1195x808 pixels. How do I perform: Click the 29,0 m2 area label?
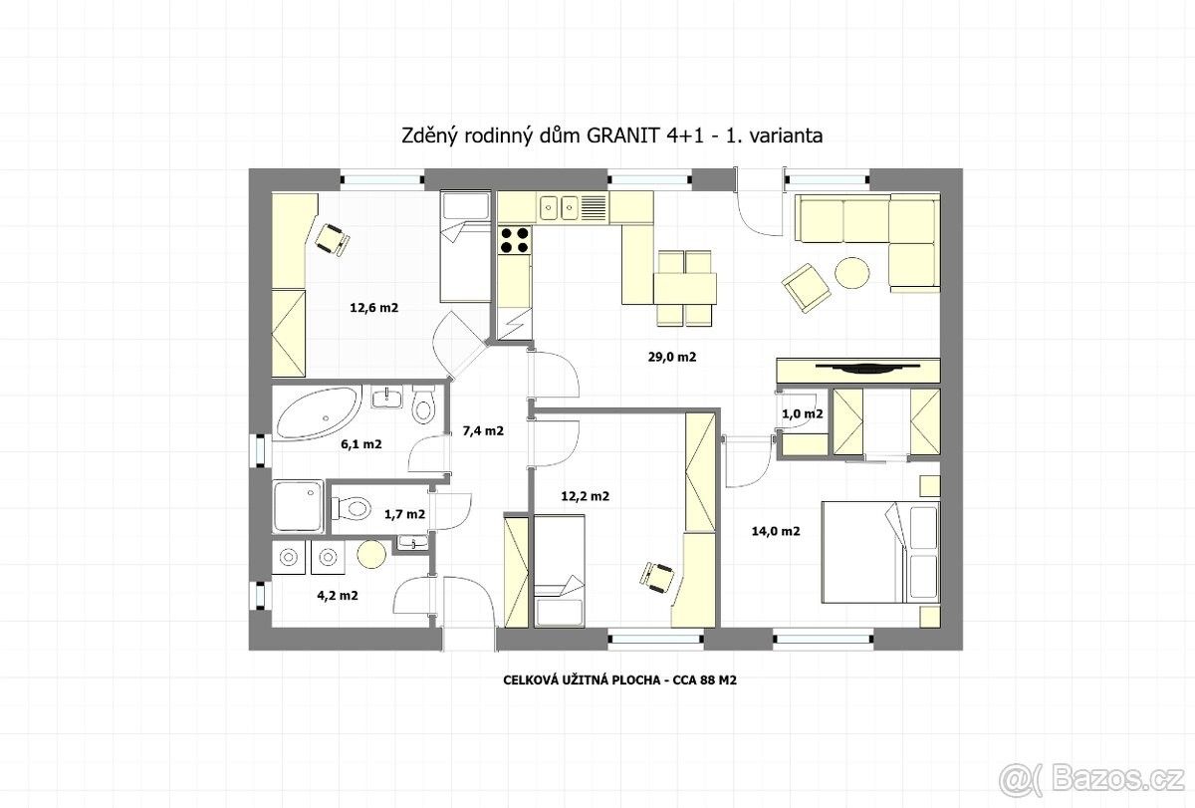(x=671, y=357)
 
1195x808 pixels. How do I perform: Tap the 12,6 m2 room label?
(x=374, y=308)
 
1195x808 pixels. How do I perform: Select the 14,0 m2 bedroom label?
(x=776, y=531)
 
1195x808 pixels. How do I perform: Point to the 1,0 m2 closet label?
(x=803, y=413)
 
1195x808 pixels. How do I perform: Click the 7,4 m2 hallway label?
(x=483, y=430)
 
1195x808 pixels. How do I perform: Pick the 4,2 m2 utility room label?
(x=338, y=596)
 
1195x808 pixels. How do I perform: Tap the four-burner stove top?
(x=514, y=240)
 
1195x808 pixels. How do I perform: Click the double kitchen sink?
(x=559, y=207)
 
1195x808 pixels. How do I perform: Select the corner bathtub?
(x=318, y=413)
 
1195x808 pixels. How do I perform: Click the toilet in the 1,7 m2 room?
(x=351, y=508)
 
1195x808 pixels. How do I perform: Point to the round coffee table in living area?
(x=852, y=273)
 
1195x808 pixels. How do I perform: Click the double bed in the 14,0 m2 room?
(x=880, y=552)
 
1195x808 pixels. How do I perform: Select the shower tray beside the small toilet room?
(x=298, y=506)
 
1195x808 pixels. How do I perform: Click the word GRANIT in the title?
(x=623, y=135)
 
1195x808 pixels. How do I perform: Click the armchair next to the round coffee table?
(x=806, y=288)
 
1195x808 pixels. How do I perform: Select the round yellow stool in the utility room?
(x=371, y=554)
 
